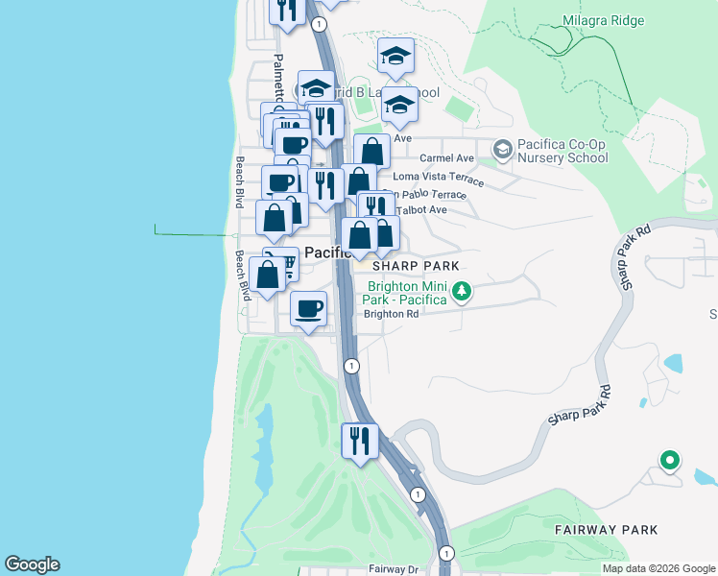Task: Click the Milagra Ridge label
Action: click(604, 20)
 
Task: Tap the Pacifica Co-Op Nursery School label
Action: click(562, 152)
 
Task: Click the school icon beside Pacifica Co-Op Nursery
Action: click(501, 149)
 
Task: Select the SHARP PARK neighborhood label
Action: click(416, 265)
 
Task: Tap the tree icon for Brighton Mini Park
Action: click(462, 290)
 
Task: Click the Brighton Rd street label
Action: click(391, 314)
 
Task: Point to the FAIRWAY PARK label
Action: click(606, 529)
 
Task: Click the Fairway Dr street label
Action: click(394, 569)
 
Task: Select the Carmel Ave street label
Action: click(447, 158)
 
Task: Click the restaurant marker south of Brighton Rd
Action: click(360, 443)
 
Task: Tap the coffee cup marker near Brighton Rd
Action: click(308, 310)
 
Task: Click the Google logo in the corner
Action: click(32, 564)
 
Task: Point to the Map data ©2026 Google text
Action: click(658, 568)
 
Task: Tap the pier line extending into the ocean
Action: click(192, 233)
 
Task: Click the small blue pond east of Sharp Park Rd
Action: click(672, 364)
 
